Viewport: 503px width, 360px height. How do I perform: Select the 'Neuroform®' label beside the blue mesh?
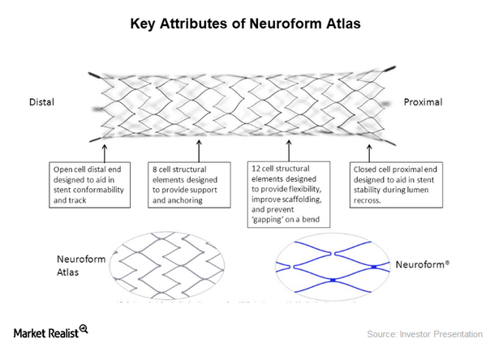[426, 264]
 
